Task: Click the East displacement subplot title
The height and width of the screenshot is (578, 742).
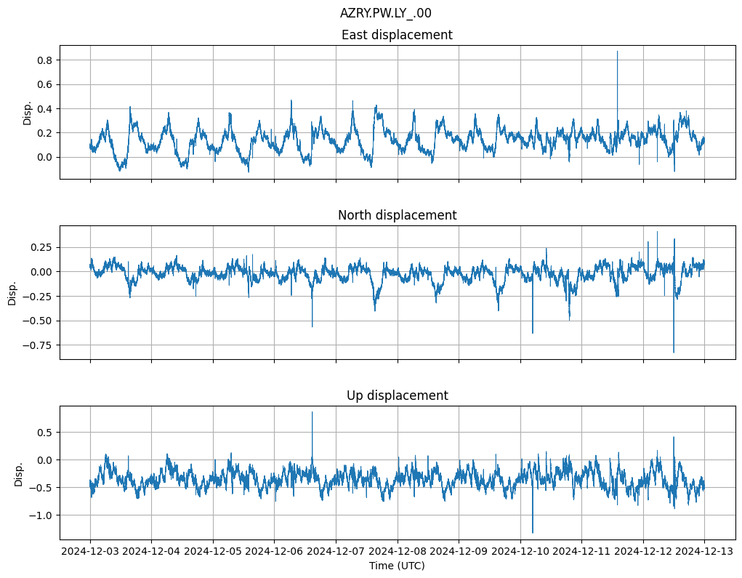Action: pos(397,35)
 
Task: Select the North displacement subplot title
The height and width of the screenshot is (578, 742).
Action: pos(397,215)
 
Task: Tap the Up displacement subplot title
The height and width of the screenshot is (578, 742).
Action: pos(397,396)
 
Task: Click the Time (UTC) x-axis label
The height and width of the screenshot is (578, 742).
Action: pos(397,565)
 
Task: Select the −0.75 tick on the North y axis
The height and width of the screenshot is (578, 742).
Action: pos(43,345)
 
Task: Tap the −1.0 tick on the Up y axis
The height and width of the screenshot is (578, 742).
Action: pos(46,515)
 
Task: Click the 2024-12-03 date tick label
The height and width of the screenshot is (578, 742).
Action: pos(90,552)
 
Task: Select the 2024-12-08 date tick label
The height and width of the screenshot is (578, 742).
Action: pos(398,552)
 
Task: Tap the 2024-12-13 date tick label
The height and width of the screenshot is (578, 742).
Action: pos(704,552)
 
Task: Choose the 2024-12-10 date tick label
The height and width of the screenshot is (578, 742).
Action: pos(520,552)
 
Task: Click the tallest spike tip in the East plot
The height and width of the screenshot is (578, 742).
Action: pos(618,51)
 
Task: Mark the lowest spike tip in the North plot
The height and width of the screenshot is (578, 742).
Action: pos(674,353)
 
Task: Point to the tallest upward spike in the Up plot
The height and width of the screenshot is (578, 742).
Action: pos(312,412)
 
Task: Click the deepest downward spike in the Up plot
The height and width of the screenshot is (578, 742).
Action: pos(533,533)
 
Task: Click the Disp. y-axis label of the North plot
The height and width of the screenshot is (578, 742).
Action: pos(12,292)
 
